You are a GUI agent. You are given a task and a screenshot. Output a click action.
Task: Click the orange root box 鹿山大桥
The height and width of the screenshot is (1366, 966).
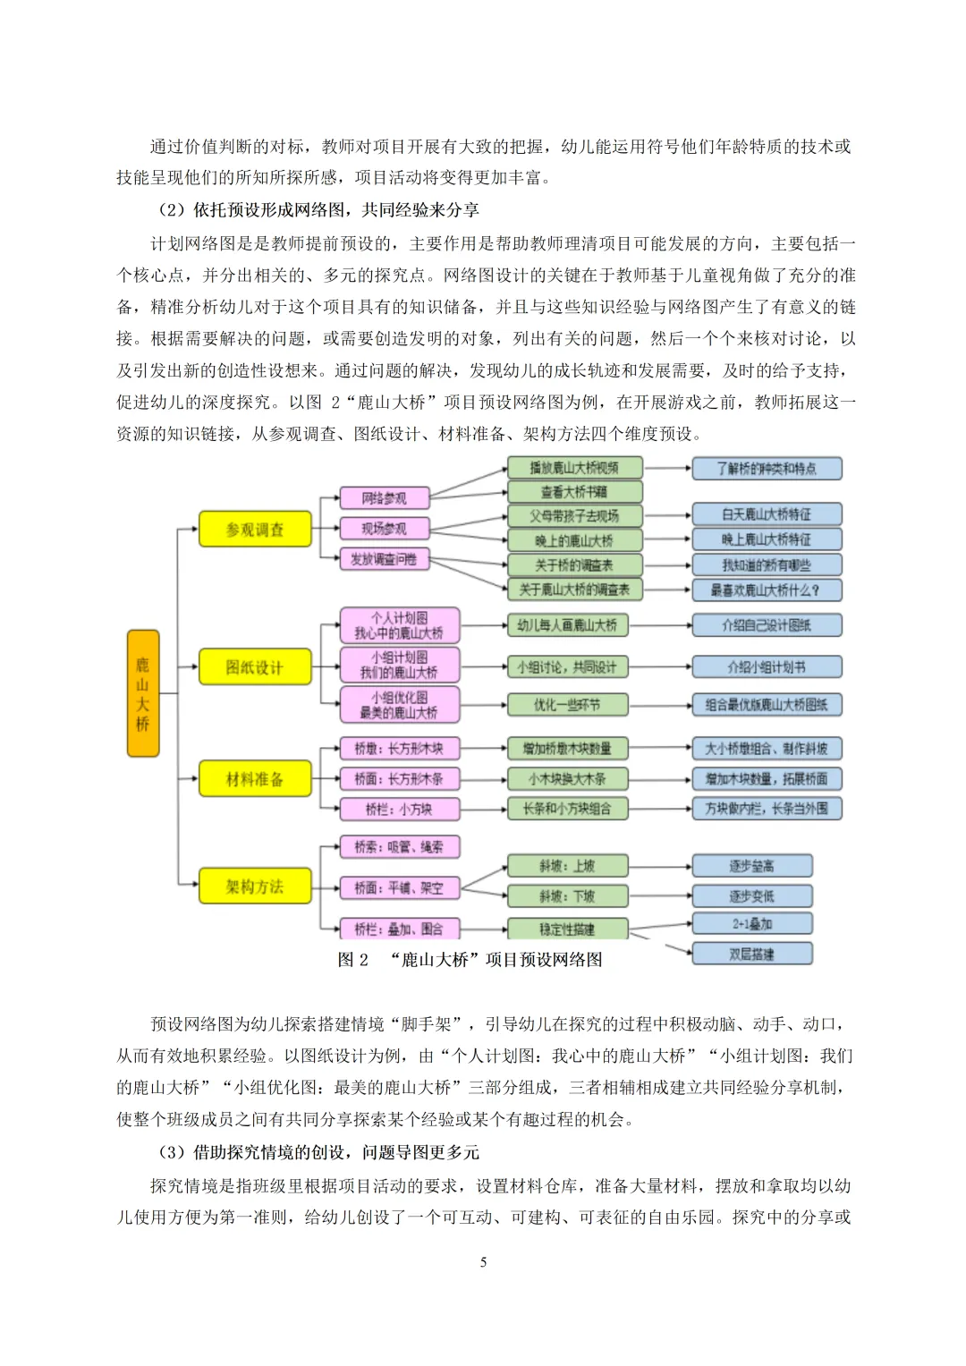coord(143,693)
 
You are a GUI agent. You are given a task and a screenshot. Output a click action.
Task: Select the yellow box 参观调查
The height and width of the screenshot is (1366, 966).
coord(255,530)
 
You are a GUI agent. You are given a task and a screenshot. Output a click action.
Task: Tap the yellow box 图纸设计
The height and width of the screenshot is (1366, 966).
coord(255,667)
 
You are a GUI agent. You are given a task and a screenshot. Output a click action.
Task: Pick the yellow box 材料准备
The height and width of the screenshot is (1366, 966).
coord(255,779)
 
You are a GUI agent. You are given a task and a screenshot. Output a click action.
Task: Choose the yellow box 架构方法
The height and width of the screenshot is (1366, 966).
coord(255,887)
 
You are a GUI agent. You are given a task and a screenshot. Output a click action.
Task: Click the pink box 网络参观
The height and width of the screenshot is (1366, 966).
coord(385,498)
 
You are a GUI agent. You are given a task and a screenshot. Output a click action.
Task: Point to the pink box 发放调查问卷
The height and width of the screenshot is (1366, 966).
coord(385,560)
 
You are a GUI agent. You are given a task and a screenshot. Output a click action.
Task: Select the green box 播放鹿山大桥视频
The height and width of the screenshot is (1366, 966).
coord(574,468)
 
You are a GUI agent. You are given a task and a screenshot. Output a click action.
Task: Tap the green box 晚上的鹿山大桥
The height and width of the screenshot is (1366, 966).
coord(574,540)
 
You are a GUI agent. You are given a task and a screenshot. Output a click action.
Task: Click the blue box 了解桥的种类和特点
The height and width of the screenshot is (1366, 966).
coord(767,469)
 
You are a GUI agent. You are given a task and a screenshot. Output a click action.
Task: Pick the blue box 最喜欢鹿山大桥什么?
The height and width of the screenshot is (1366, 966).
coord(767,590)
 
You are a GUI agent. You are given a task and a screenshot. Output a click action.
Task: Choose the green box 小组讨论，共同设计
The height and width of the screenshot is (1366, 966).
coord(567,667)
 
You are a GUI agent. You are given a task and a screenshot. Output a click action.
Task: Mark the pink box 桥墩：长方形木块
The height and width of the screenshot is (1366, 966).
coord(399,749)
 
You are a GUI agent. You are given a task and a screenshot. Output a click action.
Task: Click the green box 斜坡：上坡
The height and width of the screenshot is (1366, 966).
coord(567,866)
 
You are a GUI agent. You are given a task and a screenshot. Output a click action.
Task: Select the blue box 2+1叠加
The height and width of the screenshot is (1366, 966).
coord(751,924)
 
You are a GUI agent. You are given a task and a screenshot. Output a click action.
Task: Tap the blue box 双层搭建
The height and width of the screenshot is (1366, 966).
coord(751,955)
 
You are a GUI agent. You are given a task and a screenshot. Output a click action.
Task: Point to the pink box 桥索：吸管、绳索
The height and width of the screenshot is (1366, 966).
coord(399,847)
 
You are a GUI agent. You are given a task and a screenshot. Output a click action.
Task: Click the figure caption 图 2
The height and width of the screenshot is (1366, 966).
coord(353,960)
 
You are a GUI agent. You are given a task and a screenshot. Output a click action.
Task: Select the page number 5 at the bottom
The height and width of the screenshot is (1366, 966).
coord(483,1262)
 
